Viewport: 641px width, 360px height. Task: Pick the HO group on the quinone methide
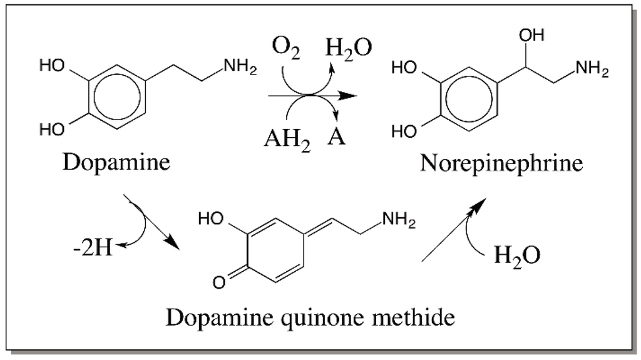210,219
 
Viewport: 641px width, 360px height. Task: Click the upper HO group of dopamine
51,67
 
